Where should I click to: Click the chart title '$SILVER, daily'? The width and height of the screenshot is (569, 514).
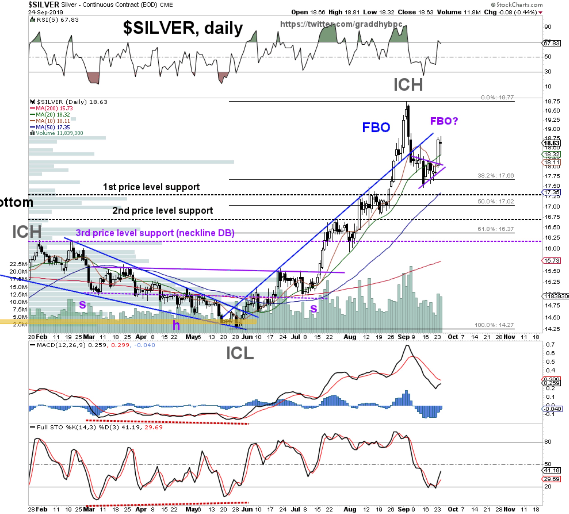pos(183,28)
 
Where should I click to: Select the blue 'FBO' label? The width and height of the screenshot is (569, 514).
pos(376,127)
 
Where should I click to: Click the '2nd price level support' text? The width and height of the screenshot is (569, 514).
pos(163,211)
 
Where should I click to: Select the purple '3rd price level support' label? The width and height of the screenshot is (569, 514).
pos(155,233)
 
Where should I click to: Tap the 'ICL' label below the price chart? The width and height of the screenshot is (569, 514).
pos(240,353)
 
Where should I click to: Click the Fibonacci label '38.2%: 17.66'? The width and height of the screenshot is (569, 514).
pos(495,175)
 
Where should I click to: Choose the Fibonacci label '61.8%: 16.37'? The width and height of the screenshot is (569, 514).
pos(495,229)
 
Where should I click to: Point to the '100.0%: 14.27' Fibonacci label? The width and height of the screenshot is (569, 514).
pos(494,325)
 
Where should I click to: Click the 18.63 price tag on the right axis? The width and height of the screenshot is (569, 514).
pos(551,143)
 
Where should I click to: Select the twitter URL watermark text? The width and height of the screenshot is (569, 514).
pos(341,24)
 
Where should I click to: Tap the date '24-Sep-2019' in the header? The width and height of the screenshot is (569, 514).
pos(46,12)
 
